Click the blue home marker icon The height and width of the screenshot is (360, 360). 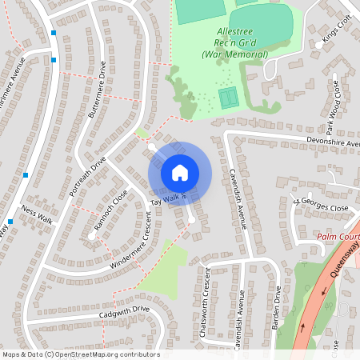[x=180, y=172]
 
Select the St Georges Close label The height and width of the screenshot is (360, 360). [x=320, y=206]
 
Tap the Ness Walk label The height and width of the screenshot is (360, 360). [x=38, y=214]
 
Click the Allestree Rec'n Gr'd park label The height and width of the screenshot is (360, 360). [x=233, y=42]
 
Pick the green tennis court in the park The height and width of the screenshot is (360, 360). [x=229, y=98]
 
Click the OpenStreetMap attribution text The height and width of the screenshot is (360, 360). [x=80, y=354]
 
